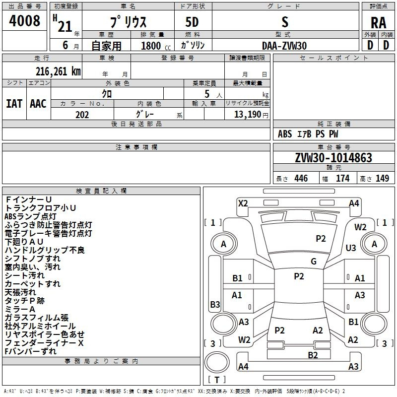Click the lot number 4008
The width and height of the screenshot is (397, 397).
24,20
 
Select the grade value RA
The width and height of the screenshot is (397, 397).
378,23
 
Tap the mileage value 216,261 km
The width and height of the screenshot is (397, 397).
58,71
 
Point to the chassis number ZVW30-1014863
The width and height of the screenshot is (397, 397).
333,157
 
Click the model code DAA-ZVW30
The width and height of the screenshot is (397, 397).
284,46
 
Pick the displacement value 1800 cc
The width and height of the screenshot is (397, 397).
156,46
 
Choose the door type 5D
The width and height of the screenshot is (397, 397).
192,22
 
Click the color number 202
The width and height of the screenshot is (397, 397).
82,115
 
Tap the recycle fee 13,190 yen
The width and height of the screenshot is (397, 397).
251,115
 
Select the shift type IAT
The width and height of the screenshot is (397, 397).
14,104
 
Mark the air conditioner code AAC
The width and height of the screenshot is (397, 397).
38,104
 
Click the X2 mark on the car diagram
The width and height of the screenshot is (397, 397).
243,203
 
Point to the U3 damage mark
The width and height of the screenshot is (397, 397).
351,248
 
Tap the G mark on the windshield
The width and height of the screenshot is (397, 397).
314,262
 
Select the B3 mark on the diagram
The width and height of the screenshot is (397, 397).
215,304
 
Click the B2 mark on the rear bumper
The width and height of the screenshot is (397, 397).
313,355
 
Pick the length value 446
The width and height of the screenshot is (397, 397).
301,179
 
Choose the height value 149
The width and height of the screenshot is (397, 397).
382,179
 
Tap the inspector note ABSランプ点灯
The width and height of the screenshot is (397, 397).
30,216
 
